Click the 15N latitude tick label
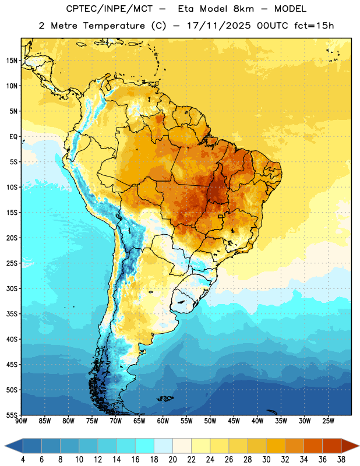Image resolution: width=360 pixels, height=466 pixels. coord(12,61)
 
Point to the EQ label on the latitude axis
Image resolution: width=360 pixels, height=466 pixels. coord(13,137)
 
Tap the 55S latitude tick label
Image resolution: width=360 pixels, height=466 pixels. coord(12,415)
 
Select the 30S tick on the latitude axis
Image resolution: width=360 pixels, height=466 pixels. coord(12,288)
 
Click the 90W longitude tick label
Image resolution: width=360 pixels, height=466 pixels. coord(21,421)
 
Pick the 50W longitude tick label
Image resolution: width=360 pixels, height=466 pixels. coord(210,421)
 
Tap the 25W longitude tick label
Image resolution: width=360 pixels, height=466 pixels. coord(328,421)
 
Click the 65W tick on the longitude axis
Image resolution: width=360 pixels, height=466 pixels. coord(139,421)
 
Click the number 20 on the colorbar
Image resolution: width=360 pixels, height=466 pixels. coord(172,460)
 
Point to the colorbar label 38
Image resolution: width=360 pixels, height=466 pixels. coord(341,460)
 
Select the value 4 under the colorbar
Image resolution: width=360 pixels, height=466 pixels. coord(23,460)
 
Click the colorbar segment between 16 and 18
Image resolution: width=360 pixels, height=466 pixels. coord(145,446)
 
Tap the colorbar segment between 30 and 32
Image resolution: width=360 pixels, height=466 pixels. coord(276,446)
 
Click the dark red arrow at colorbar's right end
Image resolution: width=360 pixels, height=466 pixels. coord(350,446)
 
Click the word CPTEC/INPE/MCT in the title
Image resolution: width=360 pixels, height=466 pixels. coord(110,9)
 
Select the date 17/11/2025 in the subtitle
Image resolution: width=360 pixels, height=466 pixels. coord(219,26)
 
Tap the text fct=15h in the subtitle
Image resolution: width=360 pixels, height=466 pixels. coord(314,26)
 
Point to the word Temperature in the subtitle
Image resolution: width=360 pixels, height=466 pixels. coord(114,26)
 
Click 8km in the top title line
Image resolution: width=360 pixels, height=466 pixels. coord(243,9)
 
